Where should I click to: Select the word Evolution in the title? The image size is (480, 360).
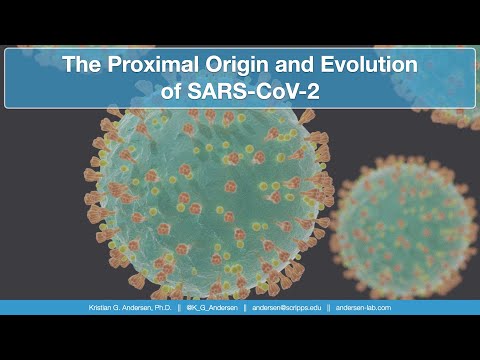pyautogui.click(x=357, y=66)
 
